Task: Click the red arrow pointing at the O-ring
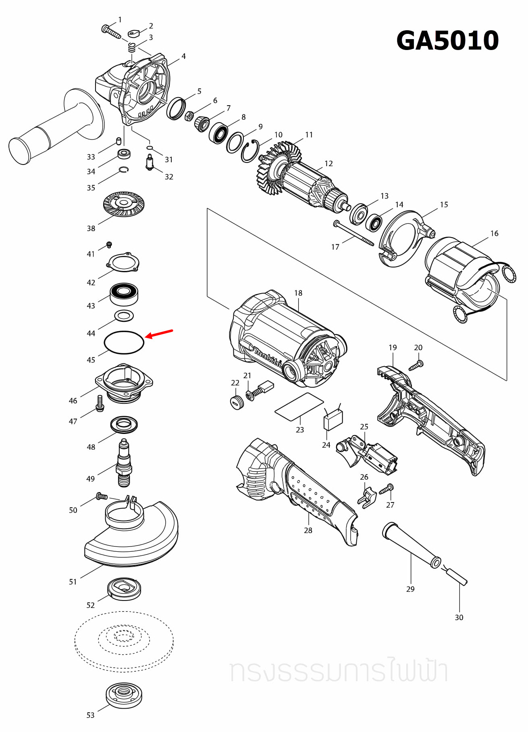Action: tap(159, 334)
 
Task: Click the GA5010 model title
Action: tap(447, 40)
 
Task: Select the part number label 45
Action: tap(91, 360)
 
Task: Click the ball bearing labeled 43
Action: tap(124, 294)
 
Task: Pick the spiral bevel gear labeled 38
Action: tap(124, 204)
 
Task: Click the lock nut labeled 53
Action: tap(124, 695)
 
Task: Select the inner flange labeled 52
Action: tap(124, 588)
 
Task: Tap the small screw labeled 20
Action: tap(416, 365)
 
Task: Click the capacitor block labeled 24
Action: tap(333, 419)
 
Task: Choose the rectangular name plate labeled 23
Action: tap(299, 407)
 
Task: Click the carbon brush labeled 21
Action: tap(261, 389)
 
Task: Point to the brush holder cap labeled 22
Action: tap(237, 402)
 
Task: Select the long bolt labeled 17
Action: tap(353, 233)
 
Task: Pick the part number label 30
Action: tap(459, 617)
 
